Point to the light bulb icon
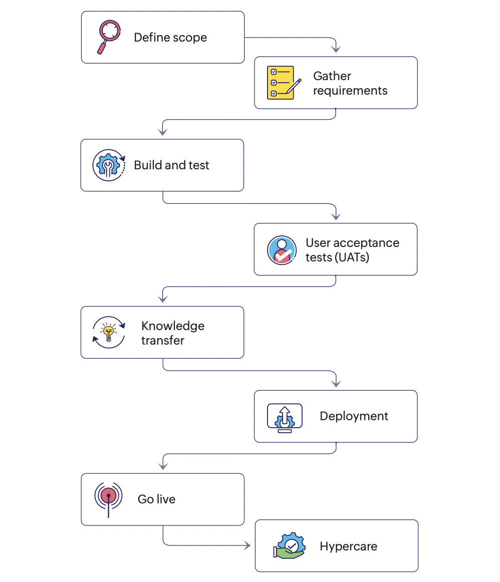[109, 332]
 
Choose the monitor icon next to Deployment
[285, 417]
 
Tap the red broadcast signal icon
[108, 497]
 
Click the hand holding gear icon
[289, 545]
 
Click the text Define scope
[170, 38]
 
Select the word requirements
[350, 91]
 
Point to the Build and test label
[171, 165]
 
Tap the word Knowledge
[173, 326]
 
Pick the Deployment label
[354, 416]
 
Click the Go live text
[156, 499]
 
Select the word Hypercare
[348, 546]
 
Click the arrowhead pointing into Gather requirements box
[336, 49]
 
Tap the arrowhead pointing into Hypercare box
[247, 545]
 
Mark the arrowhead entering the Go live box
[162, 466]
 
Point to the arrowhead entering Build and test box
[162, 132]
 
